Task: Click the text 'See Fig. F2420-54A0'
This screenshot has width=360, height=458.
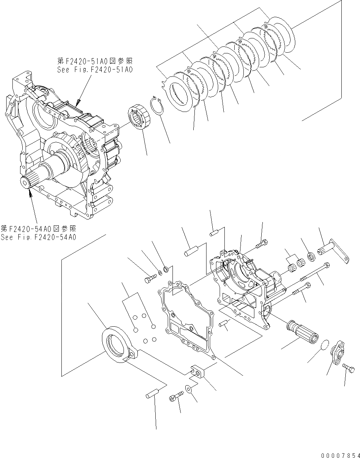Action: pyautogui.click(x=38, y=237)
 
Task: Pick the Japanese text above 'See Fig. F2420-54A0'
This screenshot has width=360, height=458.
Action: pyautogui.click(x=38, y=229)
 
